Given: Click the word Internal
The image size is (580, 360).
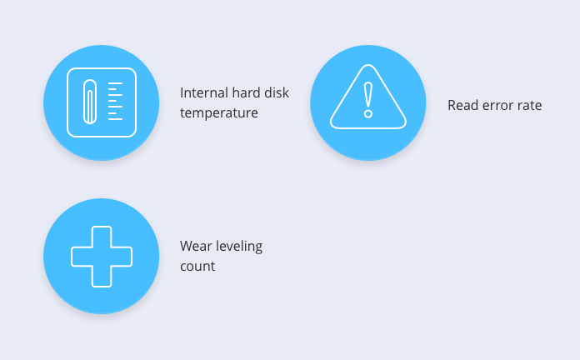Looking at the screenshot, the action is click(x=199, y=92).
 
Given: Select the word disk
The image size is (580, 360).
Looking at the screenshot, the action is click(x=277, y=92).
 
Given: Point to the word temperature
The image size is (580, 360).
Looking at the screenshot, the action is click(x=219, y=112).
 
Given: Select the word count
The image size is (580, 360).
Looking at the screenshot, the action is click(x=197, y=267).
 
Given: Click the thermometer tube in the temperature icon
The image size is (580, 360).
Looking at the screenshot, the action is click(x=90, y=102).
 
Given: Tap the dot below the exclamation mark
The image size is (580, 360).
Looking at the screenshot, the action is click(x=368, y=113).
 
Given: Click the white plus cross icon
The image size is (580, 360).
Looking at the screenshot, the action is click(x=102, y=257).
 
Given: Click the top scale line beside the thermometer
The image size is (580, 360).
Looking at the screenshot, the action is click(x=115, y=83).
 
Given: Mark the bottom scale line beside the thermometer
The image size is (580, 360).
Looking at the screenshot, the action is click(x=115, y=119).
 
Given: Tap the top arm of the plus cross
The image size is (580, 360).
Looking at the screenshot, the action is click(x=102, y=236).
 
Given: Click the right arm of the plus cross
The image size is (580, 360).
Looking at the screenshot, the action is click(x=122, y=257).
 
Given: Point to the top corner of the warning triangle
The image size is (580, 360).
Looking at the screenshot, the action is click(x=368, y=65).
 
